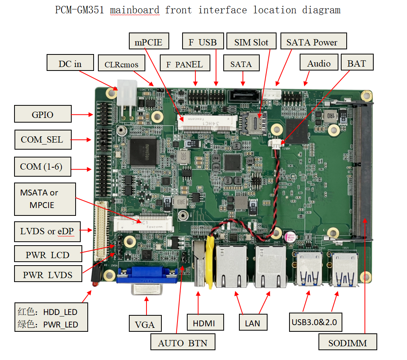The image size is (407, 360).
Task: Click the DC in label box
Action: [x=70, y=63]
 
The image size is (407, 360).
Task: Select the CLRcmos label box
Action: [x=121, y=64]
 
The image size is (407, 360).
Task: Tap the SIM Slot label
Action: [x=251, y=42]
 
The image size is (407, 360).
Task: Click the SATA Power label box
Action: [x=311, y=42]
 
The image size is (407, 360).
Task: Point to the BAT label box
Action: [x=356, y=63]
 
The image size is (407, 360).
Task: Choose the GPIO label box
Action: [x=43, y=114]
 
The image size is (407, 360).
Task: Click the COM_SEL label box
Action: [x=43, y=139]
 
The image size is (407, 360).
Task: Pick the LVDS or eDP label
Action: [x=47, y=232]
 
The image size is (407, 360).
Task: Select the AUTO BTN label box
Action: [x=183, y=343]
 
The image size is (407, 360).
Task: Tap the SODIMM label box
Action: [x=347, y=343]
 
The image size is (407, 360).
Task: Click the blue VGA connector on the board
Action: [x=145, y=275]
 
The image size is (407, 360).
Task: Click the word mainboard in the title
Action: [x=135, y=10]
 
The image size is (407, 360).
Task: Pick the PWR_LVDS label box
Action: [x=48, y=275]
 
